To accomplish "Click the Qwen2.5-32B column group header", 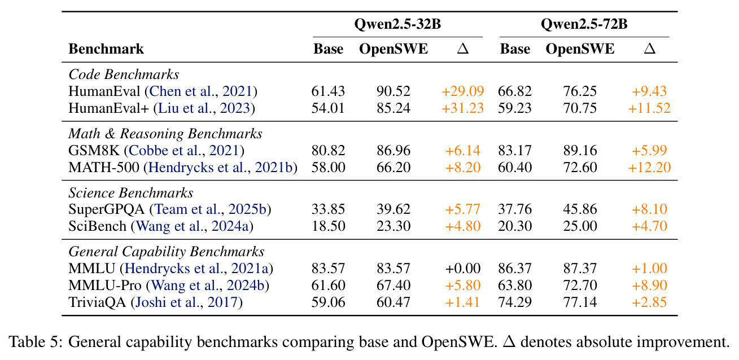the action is (x=397, y=24).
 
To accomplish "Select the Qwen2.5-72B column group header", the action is (x=584, y=24).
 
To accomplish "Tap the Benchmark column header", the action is (x=106, y=49).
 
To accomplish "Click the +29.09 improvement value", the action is (x=462, y=91).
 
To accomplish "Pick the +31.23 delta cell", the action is (x=462, y=108).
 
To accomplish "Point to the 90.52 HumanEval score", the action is (x=393, y=91).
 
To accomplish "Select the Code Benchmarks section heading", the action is (x=124, y=74).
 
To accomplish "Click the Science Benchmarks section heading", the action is (x=130, y=192).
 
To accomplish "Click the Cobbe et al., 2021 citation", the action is (x=183, y=151).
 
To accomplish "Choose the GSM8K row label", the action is (x=94, y=150).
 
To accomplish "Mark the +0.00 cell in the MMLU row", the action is (x=463, y=269).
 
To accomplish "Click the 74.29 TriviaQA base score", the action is (x=515, y=302).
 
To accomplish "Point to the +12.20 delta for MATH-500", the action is (x=649, y=168).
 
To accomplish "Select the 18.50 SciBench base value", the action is (x=328, y=226).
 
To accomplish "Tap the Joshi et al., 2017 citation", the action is (x=186, y=302).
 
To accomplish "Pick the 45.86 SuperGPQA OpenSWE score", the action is (x=580, y=209).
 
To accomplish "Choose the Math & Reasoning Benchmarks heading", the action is (x=165, y=134).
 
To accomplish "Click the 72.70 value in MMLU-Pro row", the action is (x=580, y=285).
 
